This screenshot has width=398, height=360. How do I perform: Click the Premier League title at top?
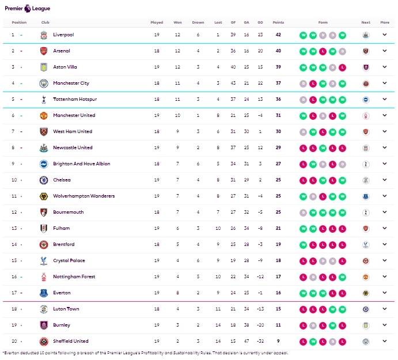[27, 9]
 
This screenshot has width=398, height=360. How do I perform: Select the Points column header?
[278, 22]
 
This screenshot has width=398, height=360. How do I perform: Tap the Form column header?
[323, 22]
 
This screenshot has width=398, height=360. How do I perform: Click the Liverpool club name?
[63, 35]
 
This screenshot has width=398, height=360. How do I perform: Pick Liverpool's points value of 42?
[278, 35]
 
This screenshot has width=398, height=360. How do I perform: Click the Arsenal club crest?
[44, 51]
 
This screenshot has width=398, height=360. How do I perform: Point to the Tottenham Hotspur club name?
[75, 99]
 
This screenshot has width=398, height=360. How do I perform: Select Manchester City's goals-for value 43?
[233, 83]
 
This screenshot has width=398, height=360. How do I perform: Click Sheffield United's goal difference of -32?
[260, 341]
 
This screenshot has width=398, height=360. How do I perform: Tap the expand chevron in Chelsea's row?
[385, 180]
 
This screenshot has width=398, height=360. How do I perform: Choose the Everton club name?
[62, 293]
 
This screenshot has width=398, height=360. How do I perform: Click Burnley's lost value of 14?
[218, 325]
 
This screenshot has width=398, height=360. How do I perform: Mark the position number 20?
[13, 341]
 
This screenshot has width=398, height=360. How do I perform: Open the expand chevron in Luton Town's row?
[385, 309]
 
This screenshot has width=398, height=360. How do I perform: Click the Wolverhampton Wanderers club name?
[84, 196]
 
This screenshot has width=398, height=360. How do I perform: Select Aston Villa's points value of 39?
[278, 67]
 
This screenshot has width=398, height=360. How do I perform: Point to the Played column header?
[157, 22]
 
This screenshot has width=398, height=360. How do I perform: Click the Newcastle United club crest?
[44, 147]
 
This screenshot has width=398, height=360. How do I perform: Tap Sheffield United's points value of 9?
[278, 341]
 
